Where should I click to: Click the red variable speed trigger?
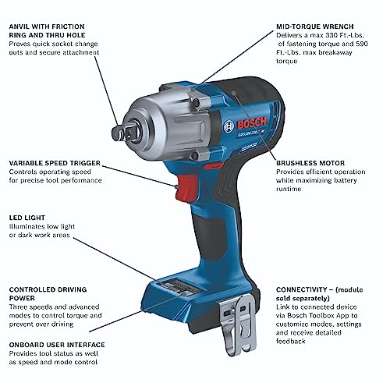tap(186, 188)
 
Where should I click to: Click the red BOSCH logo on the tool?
tap(252, 123)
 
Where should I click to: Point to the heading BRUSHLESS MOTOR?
tap(310, 163)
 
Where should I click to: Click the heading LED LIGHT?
tap(27, 218)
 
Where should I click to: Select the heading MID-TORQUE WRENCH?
tap(315, 27)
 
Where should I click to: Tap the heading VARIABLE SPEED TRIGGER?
tap(55, 163)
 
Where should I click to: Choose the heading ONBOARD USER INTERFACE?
tap(57, 345)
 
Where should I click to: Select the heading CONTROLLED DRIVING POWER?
tap(48, 294)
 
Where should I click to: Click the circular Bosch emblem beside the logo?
tap(229, 126)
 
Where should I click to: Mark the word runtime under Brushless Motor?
tap(289, 189)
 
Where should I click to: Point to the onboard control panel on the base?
tap(176, 286)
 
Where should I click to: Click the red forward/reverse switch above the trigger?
tap(213, 165)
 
